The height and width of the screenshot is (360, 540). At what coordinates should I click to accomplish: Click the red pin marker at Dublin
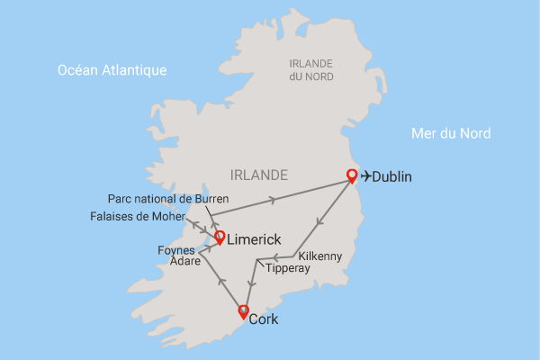coord(352,175)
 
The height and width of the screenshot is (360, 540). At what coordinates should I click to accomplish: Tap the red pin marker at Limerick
coord(218,237)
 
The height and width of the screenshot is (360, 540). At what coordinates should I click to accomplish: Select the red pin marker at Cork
coord(242,311)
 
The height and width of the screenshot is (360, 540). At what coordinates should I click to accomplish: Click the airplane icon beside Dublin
coord(365,176)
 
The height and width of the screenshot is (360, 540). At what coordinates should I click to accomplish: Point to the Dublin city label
coord(391,177)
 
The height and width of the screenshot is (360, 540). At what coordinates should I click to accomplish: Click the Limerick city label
coord(255,240)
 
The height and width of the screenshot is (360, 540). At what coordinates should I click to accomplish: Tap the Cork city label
coord(264,319)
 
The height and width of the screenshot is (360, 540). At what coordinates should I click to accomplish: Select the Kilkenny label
coord(319,256)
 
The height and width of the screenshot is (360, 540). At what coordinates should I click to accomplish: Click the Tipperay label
coord(287,268)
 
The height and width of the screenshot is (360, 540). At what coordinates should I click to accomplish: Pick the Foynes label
coord(176,249)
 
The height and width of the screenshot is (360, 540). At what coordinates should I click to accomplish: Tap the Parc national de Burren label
coord(168,198)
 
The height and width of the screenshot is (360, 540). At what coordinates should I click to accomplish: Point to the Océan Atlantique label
coord(112,70)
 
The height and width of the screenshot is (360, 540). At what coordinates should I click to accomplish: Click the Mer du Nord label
coord(450,133)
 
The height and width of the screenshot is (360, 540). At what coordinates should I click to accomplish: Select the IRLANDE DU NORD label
coord(310,69)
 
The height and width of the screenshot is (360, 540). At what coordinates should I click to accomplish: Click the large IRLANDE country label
coord(259,175)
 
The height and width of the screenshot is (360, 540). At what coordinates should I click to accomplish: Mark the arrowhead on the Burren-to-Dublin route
coord(274,197)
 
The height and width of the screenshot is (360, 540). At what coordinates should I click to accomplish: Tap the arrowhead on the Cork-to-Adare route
coord(220,281)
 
